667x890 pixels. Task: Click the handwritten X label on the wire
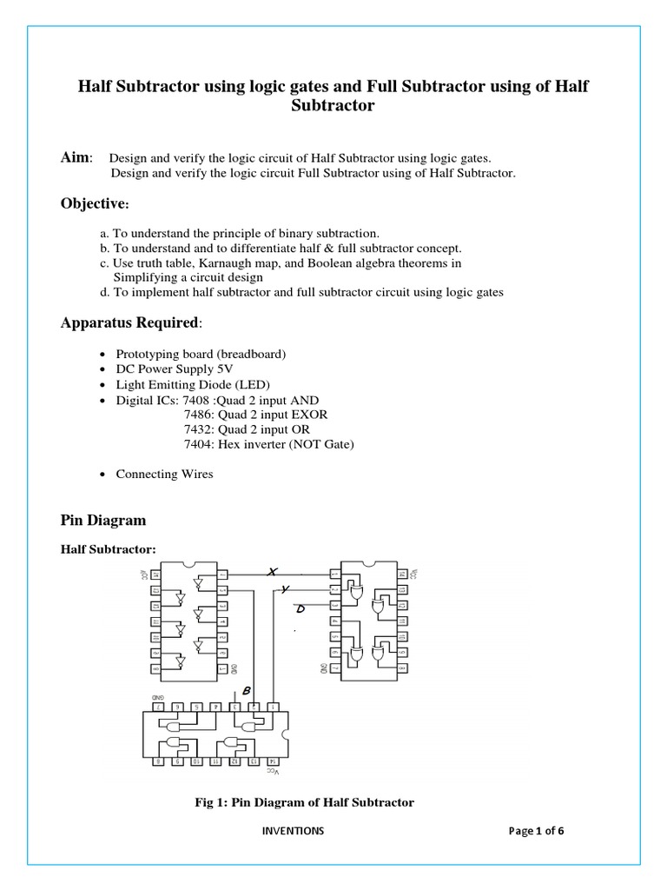[x=272, y=571]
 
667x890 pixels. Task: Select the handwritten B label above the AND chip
[x=247, y=691]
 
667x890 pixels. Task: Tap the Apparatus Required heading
[x=129, y=322]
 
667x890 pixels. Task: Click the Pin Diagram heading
[x=103, y=520]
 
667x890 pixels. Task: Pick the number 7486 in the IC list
[x=197, y=415]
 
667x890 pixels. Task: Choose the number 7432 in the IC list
[x=197, y=429]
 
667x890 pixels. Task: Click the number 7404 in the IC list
[x=197, y=444]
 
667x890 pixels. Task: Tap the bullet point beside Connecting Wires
[x=104, y=475]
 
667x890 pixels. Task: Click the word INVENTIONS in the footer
[x=293, y=830]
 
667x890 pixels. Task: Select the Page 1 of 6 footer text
[x=536, y=830]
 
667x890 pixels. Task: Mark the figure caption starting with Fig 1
[x=304, y=802]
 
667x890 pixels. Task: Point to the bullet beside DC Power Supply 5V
[x=104, y=370]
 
